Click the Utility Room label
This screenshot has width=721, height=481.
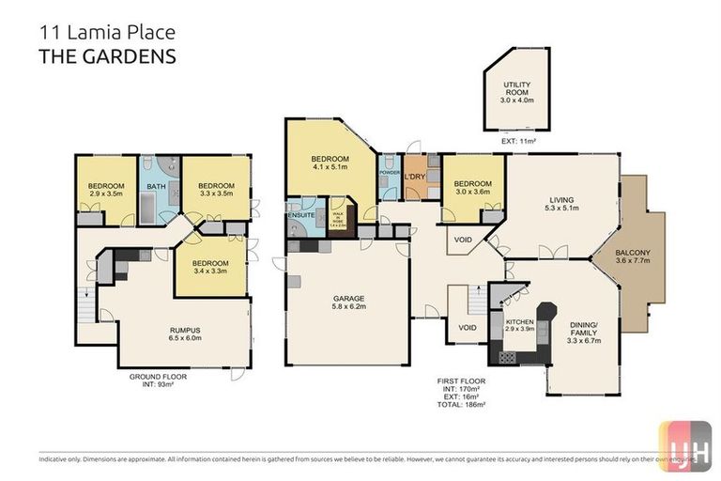click(517, 91)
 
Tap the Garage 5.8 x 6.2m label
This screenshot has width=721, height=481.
click(347, 303)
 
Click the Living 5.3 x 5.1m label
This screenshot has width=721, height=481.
click(560, 204)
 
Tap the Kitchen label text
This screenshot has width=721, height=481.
click(519, 299)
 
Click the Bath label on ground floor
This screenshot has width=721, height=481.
click(157, 187)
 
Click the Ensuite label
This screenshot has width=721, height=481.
click(301, 215)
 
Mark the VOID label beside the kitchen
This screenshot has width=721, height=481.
click(467, 328)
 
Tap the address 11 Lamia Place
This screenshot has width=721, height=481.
click(106, 32)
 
